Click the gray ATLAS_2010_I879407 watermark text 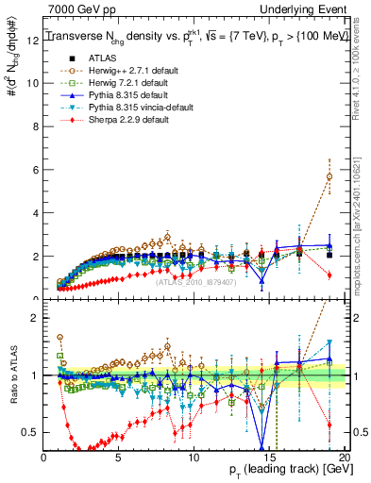[196, 281]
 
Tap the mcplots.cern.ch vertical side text [363, 226]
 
